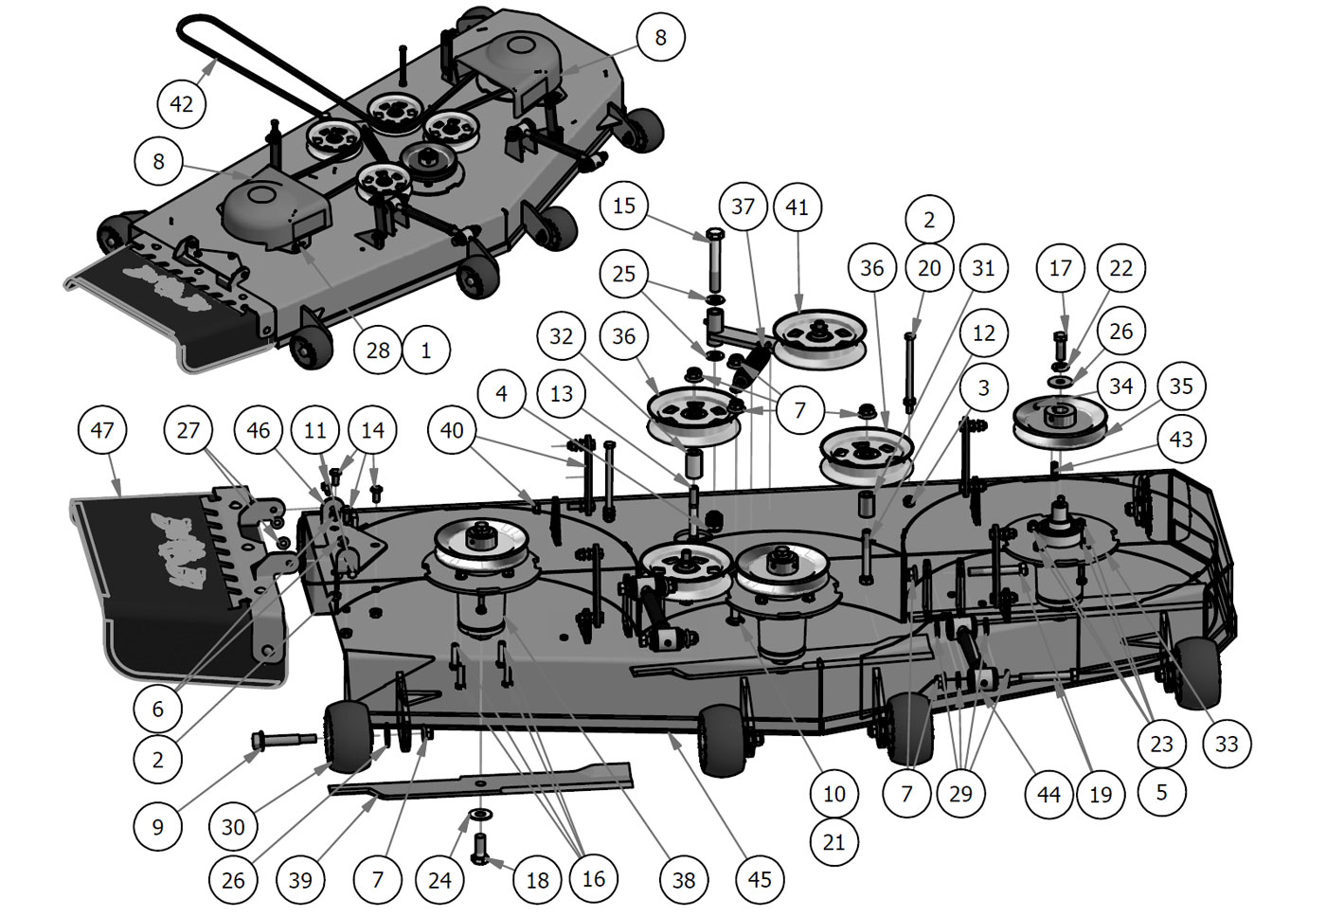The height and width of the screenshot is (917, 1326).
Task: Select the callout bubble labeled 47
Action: [101, 430]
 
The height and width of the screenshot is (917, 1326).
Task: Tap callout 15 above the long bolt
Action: [624, 206]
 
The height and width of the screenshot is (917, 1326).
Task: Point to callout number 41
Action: [797, 207]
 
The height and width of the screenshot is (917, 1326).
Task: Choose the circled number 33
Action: [1227, 744]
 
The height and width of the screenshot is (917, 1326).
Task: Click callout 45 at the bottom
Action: [760, 879]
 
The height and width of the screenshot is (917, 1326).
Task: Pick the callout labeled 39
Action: [300, 880]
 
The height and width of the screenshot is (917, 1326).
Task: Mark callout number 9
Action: [157, 826]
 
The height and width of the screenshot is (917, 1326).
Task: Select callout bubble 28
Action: [378, 351]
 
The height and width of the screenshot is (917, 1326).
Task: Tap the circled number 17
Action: [1060, 268]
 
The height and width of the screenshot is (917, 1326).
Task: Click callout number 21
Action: [833, 842]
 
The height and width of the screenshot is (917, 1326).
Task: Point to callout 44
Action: [1048, 794]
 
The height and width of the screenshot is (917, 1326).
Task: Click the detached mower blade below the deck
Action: [493, 782]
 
